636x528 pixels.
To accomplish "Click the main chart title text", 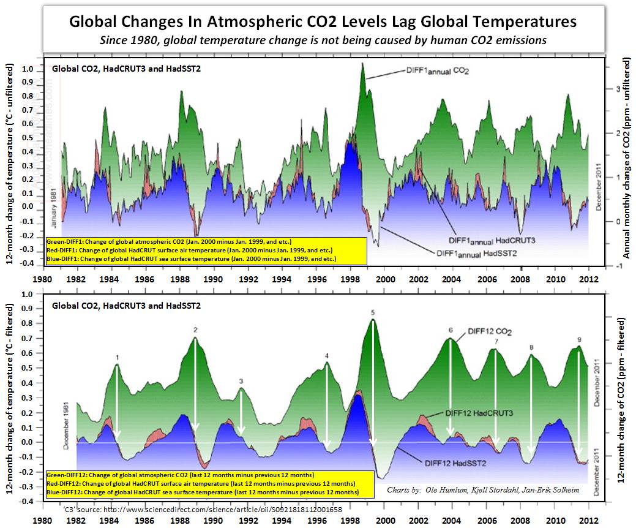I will coord(323,21).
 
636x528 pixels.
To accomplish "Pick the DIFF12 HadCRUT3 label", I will coord(479,413).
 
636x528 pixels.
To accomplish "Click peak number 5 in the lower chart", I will coord(372,312).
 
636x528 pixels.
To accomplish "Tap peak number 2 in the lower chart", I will coord(195,330).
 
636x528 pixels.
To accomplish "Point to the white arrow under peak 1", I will coord(118,398).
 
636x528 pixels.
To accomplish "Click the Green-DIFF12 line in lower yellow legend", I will coord(179,475).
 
